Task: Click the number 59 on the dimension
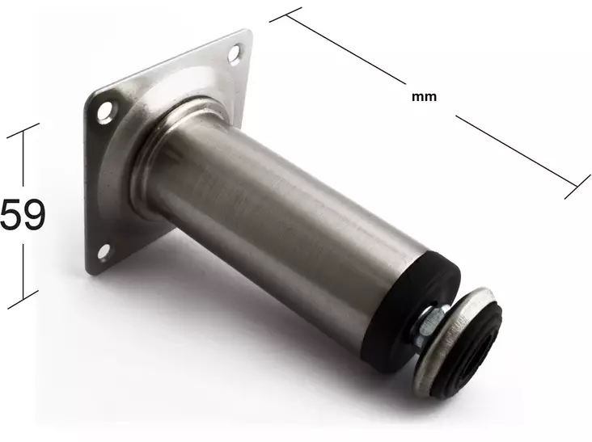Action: click(x=23, y=214)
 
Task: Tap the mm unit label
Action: click(x=424, y=97)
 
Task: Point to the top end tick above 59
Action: click(x=23, y=130)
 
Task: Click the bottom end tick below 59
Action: click(x=23, y=300)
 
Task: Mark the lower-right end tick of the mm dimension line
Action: click(x=577, y=187)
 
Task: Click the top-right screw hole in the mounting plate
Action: click(x=235, y=53)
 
